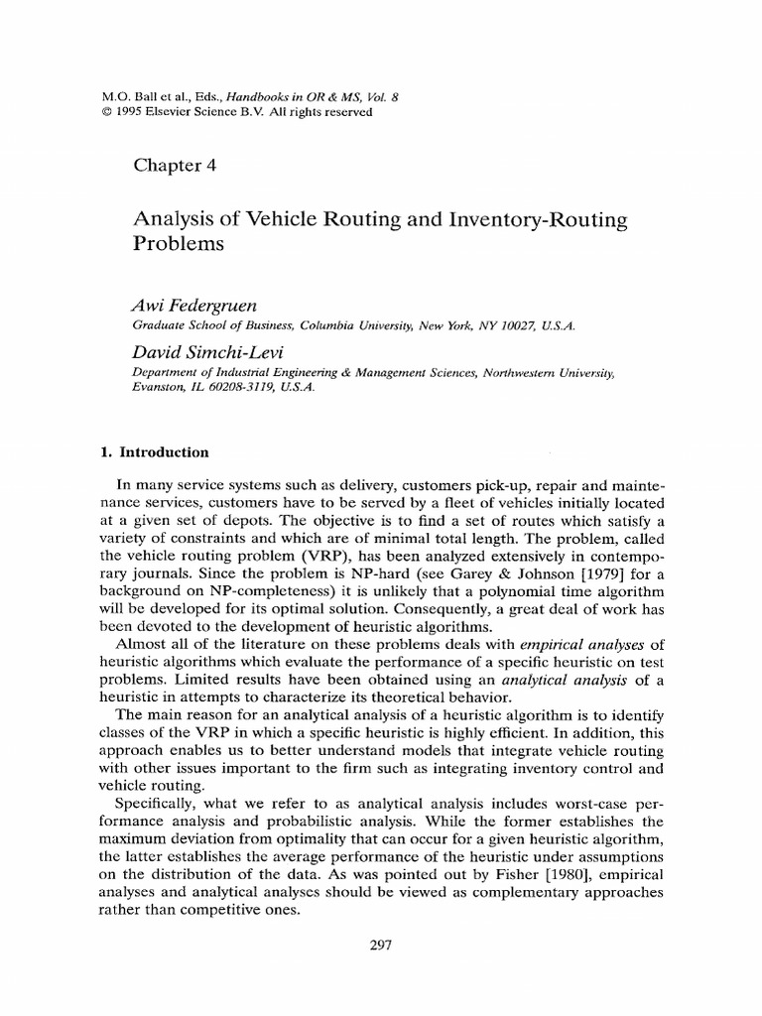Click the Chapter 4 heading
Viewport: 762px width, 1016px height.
click(x=174, y=166)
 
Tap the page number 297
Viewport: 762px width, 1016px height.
click(x=381, y=945)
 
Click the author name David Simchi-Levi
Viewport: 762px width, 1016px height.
click(x=198, y=351)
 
